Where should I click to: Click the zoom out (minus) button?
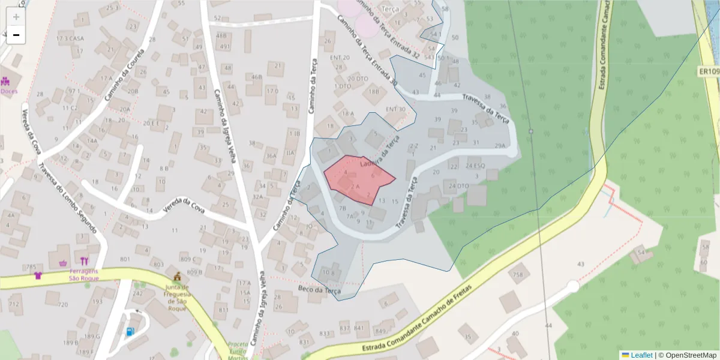coord(16,35)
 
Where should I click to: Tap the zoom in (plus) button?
coord(16,16)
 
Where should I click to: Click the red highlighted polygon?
coord(359,178)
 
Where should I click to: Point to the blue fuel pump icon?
coord(130,331)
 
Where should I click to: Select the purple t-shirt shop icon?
coord(39,275)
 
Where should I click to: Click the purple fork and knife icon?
coord(84,261)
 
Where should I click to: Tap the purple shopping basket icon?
coord(64,262)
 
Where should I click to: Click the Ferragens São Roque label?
coord(84,274)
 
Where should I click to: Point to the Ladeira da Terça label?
coord(379,154)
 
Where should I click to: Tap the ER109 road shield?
coord(709,72)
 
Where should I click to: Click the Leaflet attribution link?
coord(640,355)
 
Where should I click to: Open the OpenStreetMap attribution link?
coord(687,355)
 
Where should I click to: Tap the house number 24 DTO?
coord(459,186)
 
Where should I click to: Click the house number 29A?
coord(500,146)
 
